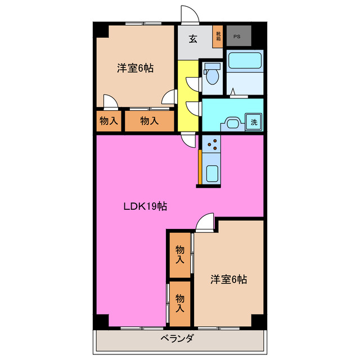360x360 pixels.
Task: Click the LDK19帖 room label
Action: [x=145, y=206]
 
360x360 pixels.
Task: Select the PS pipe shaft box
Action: [x=237, y=37]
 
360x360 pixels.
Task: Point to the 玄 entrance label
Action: [x=193, y=39]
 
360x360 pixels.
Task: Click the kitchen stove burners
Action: [x=213, y=146]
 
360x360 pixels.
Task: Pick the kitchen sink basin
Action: [x=213, y=173]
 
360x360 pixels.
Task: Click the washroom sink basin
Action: [x=231, y=123]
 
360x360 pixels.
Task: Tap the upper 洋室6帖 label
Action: [x=136, y=69]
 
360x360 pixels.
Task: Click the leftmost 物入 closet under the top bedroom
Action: [x=109, y=120]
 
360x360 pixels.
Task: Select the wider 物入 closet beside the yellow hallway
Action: [x=149, y=120]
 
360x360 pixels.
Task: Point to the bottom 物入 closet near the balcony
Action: [x=180, y=304]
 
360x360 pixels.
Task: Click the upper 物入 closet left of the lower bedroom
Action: [x=180, y=254]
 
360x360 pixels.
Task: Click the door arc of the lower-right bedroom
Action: [x=205, y=222]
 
